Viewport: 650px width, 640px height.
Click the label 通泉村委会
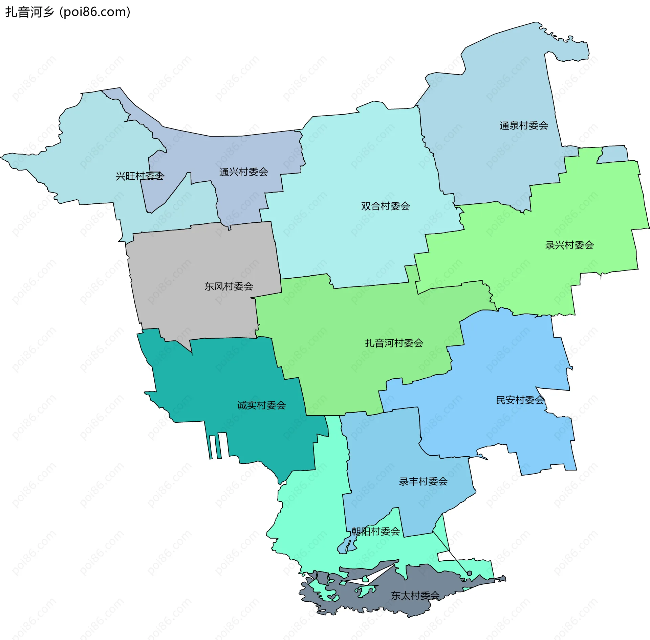pyautogui.click(x=524, y=126)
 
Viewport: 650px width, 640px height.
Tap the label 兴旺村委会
pyautogui.click(x=140, y=176)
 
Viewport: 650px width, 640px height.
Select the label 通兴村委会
pyautogui.click(x=243, y=172)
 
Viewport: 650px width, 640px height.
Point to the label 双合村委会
pyautogui.click(x=385, y=206)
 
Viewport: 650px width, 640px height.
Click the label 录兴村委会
pyautogui.click(x=569, y=245)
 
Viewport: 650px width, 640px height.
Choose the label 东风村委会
pyautogui.click(x=229, y=286)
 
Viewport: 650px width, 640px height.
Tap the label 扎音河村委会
pyautogui.click(x=394, y=343)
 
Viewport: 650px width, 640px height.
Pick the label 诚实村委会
pyautogui.click(x=261, y=405)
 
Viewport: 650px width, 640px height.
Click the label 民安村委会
pyautogui.click(x=520, y=400)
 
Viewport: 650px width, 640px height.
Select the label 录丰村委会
pyautogui.click(x=423, y=481)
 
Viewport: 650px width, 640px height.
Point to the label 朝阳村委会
pyautogui.click(x=375, y=531)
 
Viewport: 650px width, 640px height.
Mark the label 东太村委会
pyautogui.click(x=415, y=596)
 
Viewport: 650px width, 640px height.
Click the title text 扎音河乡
pyautogui.click(x=30, y=12)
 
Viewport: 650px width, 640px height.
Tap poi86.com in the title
pyautogui.click(x=95, y=12)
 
